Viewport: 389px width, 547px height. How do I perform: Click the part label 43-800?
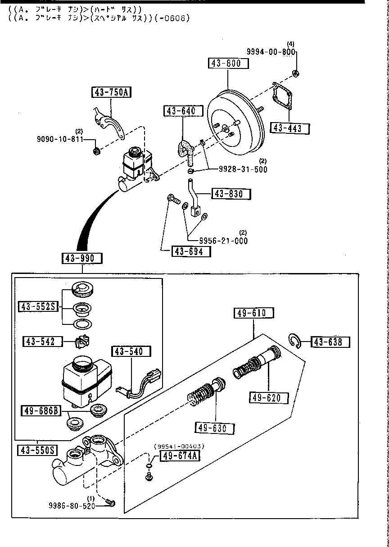228,64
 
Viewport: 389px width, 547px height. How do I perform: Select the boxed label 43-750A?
111,93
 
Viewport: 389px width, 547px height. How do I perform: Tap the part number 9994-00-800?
271,52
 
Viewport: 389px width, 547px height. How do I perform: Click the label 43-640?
180,111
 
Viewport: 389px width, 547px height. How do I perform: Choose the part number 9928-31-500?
243,169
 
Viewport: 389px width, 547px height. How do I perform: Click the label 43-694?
190,251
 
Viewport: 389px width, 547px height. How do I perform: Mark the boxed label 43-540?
131,351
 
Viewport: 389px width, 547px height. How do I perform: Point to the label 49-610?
253,313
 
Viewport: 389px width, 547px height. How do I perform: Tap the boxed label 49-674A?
180,456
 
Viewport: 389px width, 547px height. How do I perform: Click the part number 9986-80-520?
72,506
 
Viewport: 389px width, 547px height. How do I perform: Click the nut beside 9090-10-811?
96,151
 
